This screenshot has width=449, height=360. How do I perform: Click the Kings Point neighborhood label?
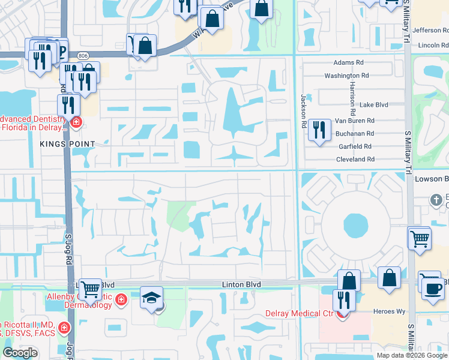click(68, 144)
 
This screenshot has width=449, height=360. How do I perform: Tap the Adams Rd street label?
click(349, 62)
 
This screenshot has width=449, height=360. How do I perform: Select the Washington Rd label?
click(346, 76)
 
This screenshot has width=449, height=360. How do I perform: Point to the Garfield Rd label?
click(355, 146)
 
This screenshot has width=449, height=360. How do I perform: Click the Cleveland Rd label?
click(355, 160)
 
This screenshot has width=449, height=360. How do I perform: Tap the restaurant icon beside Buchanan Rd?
click(319, 130)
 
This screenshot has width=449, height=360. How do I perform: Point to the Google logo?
click(20, 353)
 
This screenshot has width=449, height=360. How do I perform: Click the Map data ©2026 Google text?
click(412, 355)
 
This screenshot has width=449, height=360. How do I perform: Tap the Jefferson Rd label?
click(427, 29)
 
